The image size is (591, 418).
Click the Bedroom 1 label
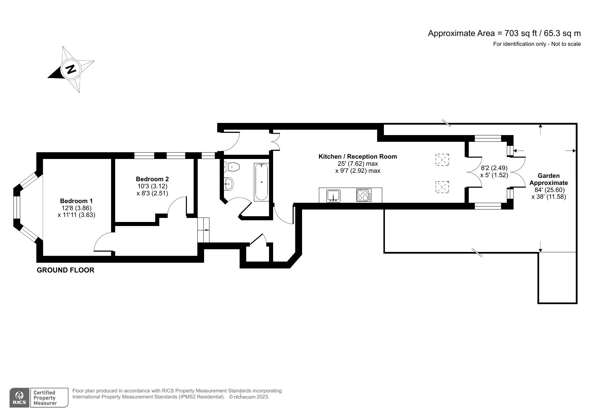76,201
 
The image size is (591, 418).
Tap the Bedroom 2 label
152,179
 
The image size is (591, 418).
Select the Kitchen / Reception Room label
358,156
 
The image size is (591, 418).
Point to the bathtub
262,182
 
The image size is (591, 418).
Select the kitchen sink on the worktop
333,196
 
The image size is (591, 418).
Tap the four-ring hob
364,196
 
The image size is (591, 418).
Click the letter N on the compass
71,69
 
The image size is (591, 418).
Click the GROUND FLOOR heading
65,270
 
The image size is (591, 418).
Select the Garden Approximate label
549,179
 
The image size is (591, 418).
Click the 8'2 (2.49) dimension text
494,168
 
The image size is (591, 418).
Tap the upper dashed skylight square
442,160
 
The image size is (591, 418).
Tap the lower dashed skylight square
442,187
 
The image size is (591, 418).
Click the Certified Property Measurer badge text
44,398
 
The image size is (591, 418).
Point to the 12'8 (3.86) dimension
76,208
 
